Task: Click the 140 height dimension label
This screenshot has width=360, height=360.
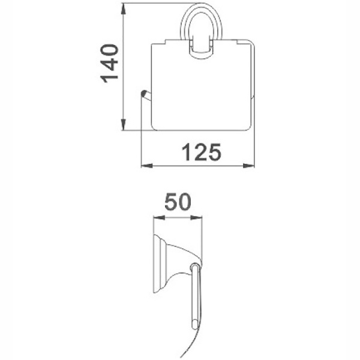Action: [x=109, y=64]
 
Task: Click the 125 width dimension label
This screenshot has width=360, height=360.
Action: [x=202, y=152]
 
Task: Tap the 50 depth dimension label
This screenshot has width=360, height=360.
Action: [x=178, y=202]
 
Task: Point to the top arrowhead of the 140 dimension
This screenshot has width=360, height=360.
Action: [x=124, y=9]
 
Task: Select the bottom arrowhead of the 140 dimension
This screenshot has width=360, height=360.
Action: [x=124, y=125]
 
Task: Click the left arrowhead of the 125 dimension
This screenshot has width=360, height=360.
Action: [x=147, y=166]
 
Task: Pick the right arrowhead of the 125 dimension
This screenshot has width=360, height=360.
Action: [x=249, y=166]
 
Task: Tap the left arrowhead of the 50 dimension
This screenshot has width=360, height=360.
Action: [x=159, y=217]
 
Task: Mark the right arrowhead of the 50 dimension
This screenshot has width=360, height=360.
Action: [x=196, y=217]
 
